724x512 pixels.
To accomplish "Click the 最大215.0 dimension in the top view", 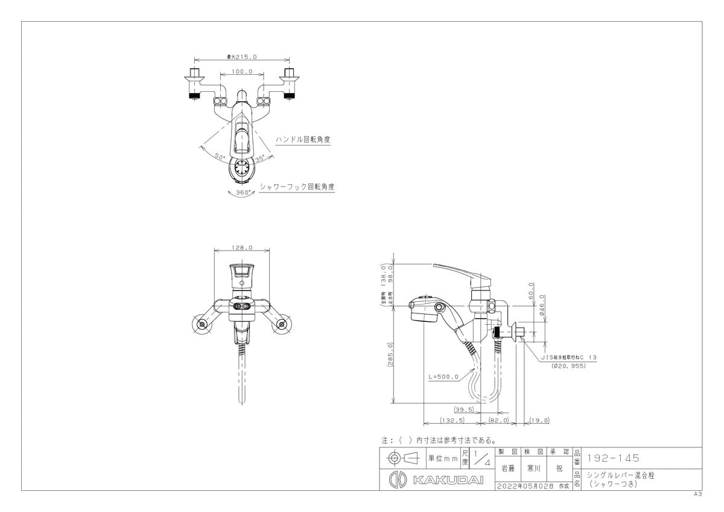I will [x=242, y=57].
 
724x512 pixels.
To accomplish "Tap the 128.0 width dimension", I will [x=242, y=248].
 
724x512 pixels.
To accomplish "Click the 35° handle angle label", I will [x=259, y=159].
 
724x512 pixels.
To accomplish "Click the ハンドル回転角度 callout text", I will [x=303, y=139].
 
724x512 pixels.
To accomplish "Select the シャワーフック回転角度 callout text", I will [x=296, y=187].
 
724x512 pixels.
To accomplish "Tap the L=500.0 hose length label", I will [x=443, y=376].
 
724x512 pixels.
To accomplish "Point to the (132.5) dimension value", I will [x=452, y=421].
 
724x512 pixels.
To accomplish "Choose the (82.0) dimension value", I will [x=498, y=421].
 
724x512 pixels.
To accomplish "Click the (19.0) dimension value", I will [x=539, y=421].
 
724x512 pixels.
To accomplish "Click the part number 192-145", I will [x=613, y=458].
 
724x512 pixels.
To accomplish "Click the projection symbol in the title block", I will [x=404, y=458].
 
